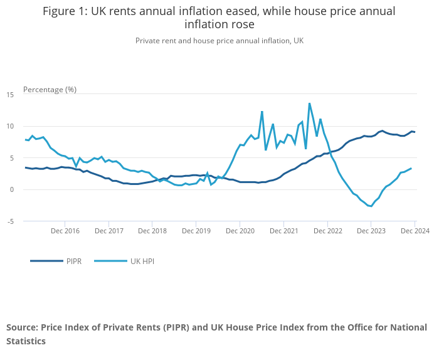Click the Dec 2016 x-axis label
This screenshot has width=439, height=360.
click(65, 231)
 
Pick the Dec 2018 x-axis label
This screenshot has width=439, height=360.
click(152, 231)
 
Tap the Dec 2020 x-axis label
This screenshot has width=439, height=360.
click(240, 231)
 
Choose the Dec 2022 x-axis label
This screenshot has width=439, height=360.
click(327, 231)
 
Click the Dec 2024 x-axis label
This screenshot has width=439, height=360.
click(415, 231)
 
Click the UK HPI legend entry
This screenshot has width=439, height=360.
click(141, 261)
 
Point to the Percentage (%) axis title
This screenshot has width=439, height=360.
click(50, 89)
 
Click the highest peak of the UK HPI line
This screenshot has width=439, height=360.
click(309, 103)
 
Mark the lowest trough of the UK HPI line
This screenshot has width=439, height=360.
click(371, 206)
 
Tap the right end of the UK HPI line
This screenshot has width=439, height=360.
click(411, 168)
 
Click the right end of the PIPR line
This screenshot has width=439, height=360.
click(415, 132)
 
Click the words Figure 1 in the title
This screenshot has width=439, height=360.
click(65, 11)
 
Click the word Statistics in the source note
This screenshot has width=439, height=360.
click(26, 342)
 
